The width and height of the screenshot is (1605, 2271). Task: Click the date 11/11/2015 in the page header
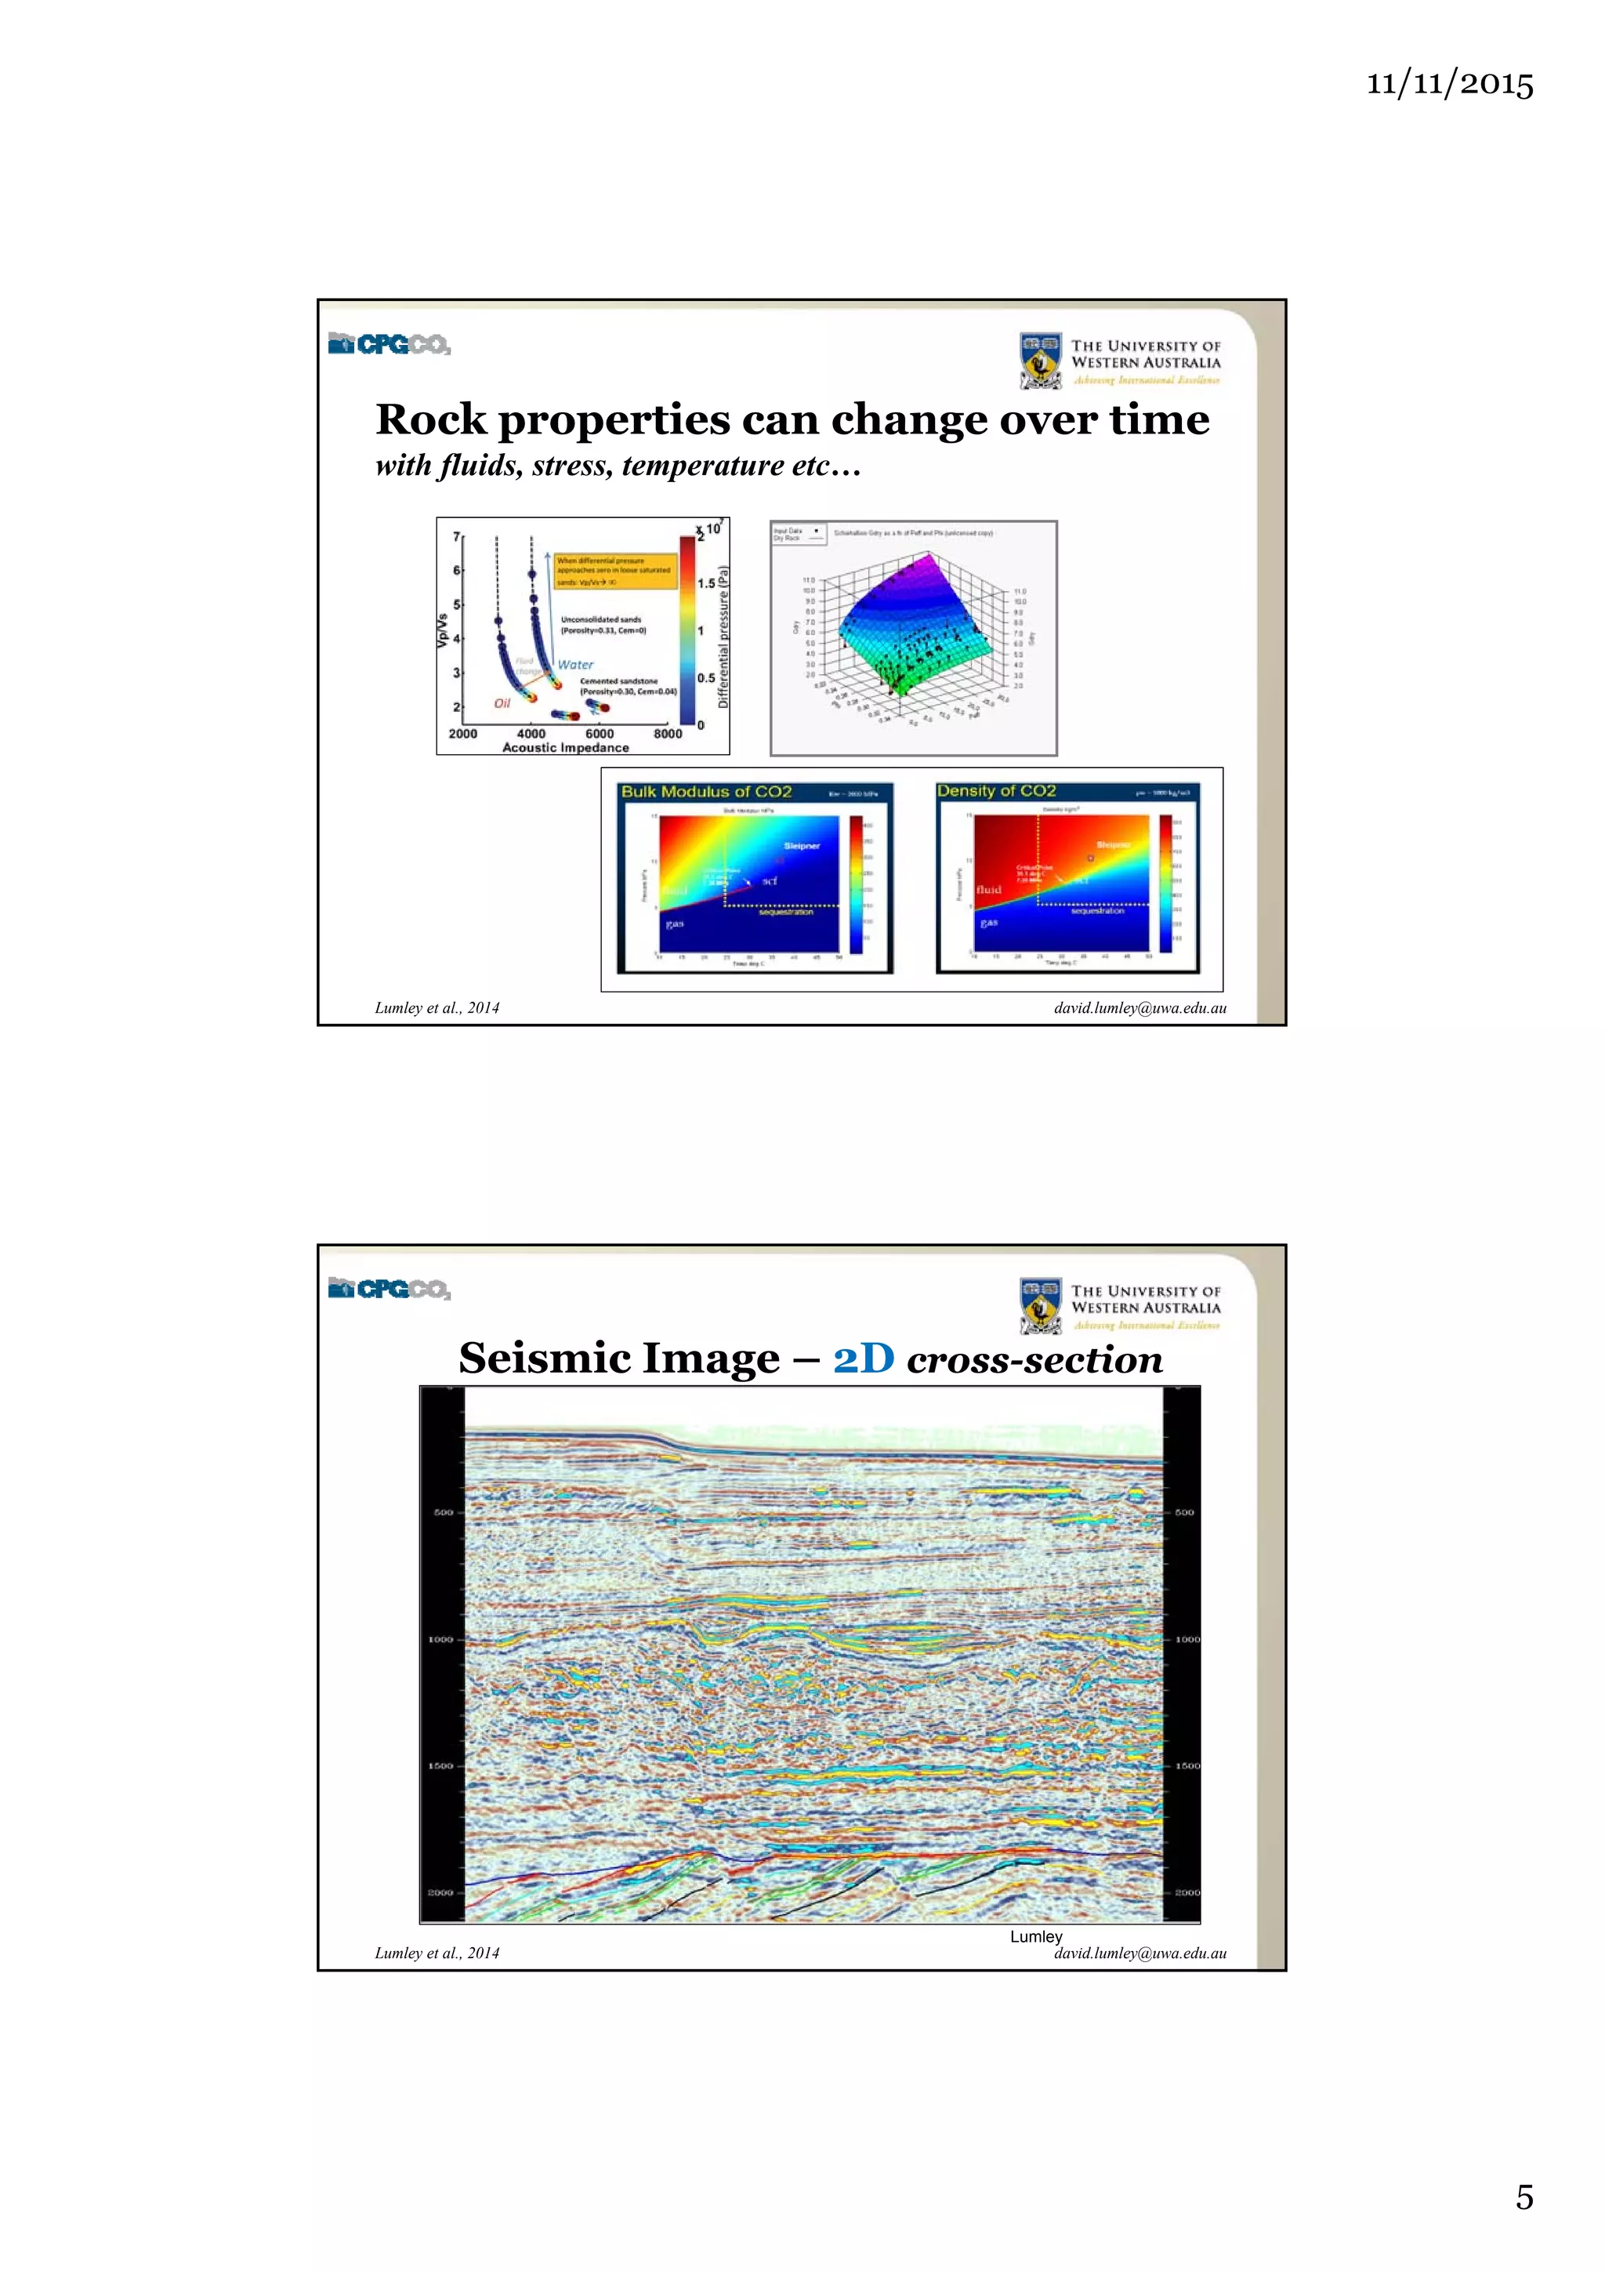pyautogui.click(x=1449, y=83)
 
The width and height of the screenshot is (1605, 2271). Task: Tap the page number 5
pyautogui.click(x=1524, y=2196)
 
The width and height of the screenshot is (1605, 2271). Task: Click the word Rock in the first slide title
pyautogui.click(x=430, y=419)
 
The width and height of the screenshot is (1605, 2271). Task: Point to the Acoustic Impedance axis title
pyautogui.click(x=565, y=748)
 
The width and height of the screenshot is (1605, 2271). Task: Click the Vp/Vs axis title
pyautogui.click(x=442, y=630)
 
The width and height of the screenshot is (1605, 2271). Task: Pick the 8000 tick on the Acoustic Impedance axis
pyautogui.click(x=668, y=734)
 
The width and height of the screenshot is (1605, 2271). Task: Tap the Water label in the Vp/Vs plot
pyautogui.click(x=574, y=665)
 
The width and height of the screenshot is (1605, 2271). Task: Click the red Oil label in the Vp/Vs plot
pyautogui.click(x=502, y=703)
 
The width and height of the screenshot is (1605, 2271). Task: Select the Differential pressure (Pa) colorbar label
pyautogui.click(x=723, y=637)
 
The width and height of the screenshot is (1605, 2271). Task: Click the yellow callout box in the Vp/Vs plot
pyautogui.click(x=615, y=571)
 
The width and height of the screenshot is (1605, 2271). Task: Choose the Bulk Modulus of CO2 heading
pyautogui.click(x=706, y=791)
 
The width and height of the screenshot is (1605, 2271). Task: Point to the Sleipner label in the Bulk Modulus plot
pyautogui.click(x=801, y=846)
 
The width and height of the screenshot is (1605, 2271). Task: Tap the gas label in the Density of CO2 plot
pyautogui.click(x=989, y=922)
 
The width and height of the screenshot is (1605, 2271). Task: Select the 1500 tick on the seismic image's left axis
pyautogui.click(x=441, y=1765)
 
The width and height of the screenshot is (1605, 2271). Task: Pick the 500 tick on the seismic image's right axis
pyautogui.click(x=1183, y=1511)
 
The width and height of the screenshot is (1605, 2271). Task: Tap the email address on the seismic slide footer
pyautogui.click(x=1139, y=1953)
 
